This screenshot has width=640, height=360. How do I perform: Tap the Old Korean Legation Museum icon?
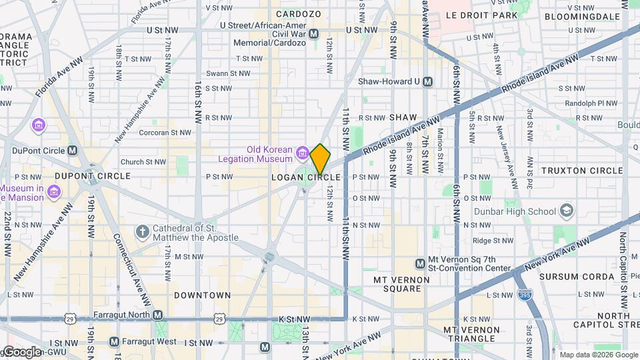(x=302, y=154)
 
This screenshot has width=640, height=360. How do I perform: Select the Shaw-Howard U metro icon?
(x=428, y=81)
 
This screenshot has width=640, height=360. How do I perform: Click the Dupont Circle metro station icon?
(x=73, y=151)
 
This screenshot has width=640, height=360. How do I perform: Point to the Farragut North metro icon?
(x=157, y=315)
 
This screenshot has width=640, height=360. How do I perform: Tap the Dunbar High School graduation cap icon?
(x=567, y=211)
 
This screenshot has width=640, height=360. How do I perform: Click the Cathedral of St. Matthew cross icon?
(x=142, y=232)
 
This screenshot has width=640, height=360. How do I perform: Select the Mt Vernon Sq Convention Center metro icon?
(x=421, y=263)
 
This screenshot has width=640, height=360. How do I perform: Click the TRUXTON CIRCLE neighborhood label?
(x=581, y=171)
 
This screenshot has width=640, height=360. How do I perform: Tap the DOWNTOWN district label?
(x=203, y=295)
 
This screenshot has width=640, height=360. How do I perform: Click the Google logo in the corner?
(x=21, y=351)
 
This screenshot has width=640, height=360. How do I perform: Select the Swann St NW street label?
(x=227, y=73)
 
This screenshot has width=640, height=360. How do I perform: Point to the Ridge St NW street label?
(x=492, y=241)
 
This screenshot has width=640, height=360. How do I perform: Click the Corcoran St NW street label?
(x=163, y=133)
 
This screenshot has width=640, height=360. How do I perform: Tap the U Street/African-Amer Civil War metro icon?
(x=314, y=33)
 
